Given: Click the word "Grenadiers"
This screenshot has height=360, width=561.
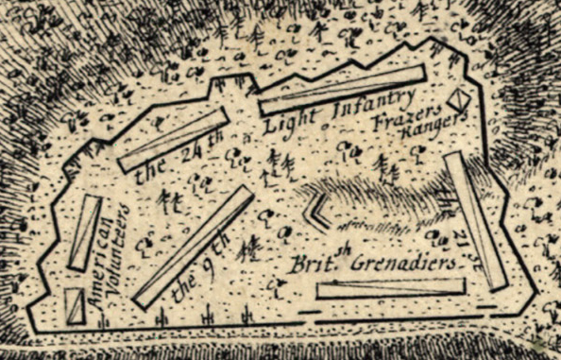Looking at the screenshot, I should [x=408, y=266].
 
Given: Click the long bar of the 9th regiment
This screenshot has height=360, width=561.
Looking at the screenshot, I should [x=193, y=247].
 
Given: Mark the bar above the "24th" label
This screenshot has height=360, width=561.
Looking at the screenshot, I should [x=175, y=140].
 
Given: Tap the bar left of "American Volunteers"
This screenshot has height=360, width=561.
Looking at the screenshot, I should [x=84, y=232].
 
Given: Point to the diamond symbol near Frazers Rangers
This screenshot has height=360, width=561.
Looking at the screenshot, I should [x=459, y=99].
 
